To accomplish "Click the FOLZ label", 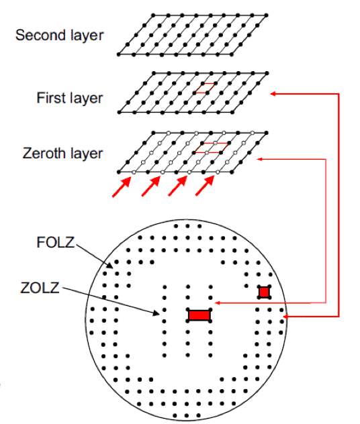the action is pyautogui.click(x=56, y=242).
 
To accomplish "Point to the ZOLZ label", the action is pyautogui.click(x=40, y=288).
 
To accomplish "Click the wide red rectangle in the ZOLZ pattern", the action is pyautogui.click(x=199, y=315).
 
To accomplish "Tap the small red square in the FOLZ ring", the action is pyautogui.click(x=264, y=292).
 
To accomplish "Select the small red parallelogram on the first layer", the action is pyautogui.click(x=205, y=88).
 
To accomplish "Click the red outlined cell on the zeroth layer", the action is pyautogui.click(x=211, y=148).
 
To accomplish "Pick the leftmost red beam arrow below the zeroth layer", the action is pyautogui.click(x=122, y=187).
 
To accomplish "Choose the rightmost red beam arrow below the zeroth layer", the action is pyautogui.click(x=205, y=186).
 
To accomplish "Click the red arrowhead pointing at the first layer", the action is pyautogui.click(x=273, y=94).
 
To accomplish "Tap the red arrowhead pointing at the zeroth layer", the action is pyautogui.click(x=259, y=159).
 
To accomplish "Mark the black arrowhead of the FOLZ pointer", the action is pyautogui.click(x=109, y=266).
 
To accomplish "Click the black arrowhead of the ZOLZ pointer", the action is pyautogui.click(x=156, y=313).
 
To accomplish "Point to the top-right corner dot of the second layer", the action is pyautogui.click(x=267, y=15).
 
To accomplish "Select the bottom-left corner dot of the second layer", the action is pyautogui.click(x=119, y=54).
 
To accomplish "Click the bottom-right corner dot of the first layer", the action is pyautogui.click(x=232, y=112).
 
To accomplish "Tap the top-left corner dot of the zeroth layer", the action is pyautogui.click(x=154, y=133).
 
